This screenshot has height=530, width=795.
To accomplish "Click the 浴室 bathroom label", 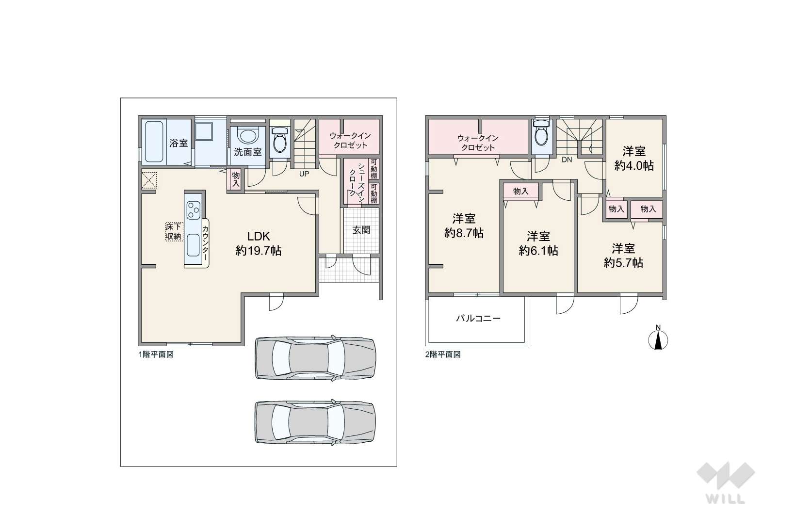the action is (178, 144).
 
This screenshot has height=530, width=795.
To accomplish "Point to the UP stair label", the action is (304, 174).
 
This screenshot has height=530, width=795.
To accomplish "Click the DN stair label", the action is (567, 160).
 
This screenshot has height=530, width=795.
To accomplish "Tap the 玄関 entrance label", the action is (361, 230).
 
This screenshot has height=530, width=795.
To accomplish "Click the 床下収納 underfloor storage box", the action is (174, 232).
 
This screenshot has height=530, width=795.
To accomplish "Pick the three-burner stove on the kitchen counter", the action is (194, 209).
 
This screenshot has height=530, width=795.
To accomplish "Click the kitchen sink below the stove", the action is (193, 245).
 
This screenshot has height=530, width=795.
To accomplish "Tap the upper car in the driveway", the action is (315, 357).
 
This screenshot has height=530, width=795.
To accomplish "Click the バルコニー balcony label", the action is (478, 318).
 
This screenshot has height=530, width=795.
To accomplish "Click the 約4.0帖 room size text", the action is (634, 166).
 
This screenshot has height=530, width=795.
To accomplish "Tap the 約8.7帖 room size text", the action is (464, 233).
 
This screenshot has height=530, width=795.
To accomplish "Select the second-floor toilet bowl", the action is (542, 133).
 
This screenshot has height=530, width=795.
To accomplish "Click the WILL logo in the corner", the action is (726, 482).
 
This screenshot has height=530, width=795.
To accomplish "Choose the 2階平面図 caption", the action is (443, 354).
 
